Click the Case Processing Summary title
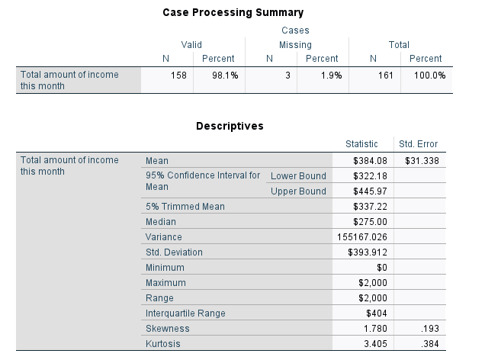(233, 13)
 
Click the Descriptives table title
(230, 126)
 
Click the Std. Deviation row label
(174, 252)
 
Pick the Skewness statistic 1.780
(375, 329)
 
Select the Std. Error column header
(418, 144)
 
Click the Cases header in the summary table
(295, 31)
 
